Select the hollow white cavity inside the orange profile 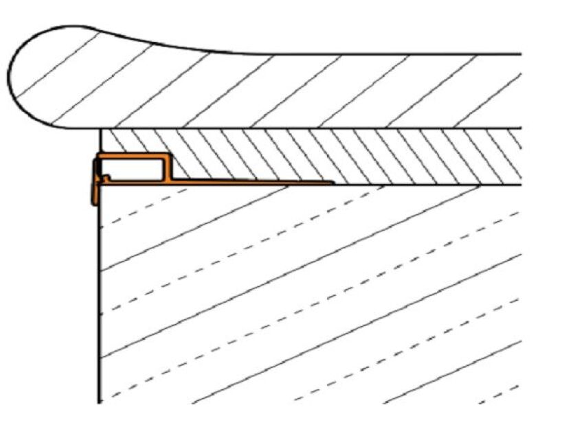tap(133, 169)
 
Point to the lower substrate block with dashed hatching tap(309, 295)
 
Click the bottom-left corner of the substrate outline tap(100, 402)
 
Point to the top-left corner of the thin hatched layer tap(102, 130)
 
